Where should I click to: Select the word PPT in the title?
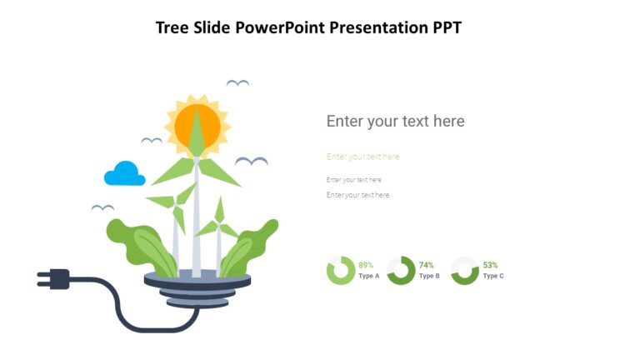point(446,27)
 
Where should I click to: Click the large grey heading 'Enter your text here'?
point(395,121)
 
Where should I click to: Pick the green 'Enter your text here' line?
point(362,157)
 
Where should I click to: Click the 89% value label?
point(366,265)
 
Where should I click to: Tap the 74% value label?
point(427,265)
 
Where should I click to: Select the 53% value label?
point(490,265)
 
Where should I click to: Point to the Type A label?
point(368,276)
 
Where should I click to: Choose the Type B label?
point(429,276)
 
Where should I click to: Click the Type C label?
point(493,276)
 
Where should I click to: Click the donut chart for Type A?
point(340,271)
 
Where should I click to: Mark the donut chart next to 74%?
point(401,271)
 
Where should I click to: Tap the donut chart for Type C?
point(465,271)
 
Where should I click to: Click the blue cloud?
point(125,174)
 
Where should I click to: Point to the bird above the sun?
point(237,82)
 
